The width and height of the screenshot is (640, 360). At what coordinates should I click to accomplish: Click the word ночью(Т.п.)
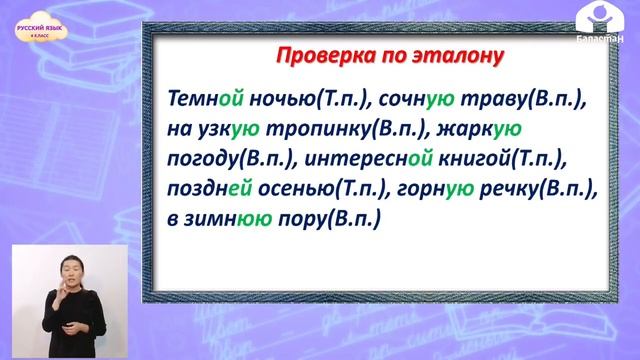(303, 100)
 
